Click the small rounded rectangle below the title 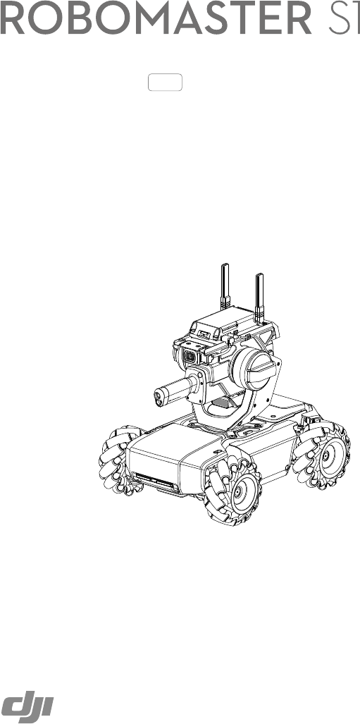165,82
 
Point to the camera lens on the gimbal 190,356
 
